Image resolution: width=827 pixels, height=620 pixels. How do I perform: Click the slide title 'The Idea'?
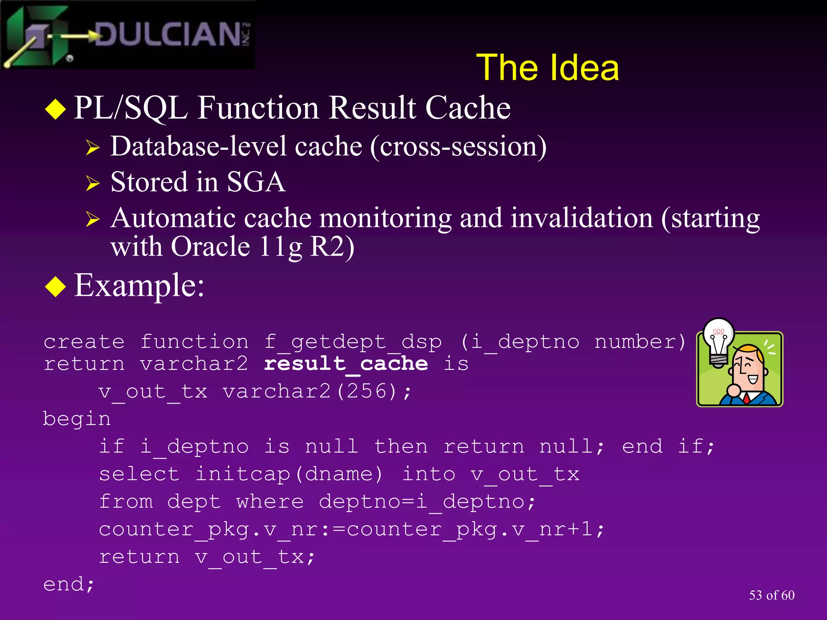547,68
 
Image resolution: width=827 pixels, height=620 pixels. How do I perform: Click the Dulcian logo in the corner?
127,35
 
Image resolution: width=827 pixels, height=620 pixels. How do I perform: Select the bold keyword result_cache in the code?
346,364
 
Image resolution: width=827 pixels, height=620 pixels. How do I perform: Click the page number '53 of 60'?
771,595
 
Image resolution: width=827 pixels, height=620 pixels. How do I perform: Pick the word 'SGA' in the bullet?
256,182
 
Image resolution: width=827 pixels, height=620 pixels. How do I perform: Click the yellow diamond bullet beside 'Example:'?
55,287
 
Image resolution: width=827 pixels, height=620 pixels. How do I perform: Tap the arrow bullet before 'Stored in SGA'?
92,184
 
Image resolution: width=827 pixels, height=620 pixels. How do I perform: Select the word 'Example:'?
139,285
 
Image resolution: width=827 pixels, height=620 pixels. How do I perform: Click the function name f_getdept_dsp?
353,342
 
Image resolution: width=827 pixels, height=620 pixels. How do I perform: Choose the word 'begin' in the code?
77,419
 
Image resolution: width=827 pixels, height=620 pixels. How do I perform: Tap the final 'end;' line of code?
69,584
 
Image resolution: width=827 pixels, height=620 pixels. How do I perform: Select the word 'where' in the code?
270,502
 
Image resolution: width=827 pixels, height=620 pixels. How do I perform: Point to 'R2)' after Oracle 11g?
332,247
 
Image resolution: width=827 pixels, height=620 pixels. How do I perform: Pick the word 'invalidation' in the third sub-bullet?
581,218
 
